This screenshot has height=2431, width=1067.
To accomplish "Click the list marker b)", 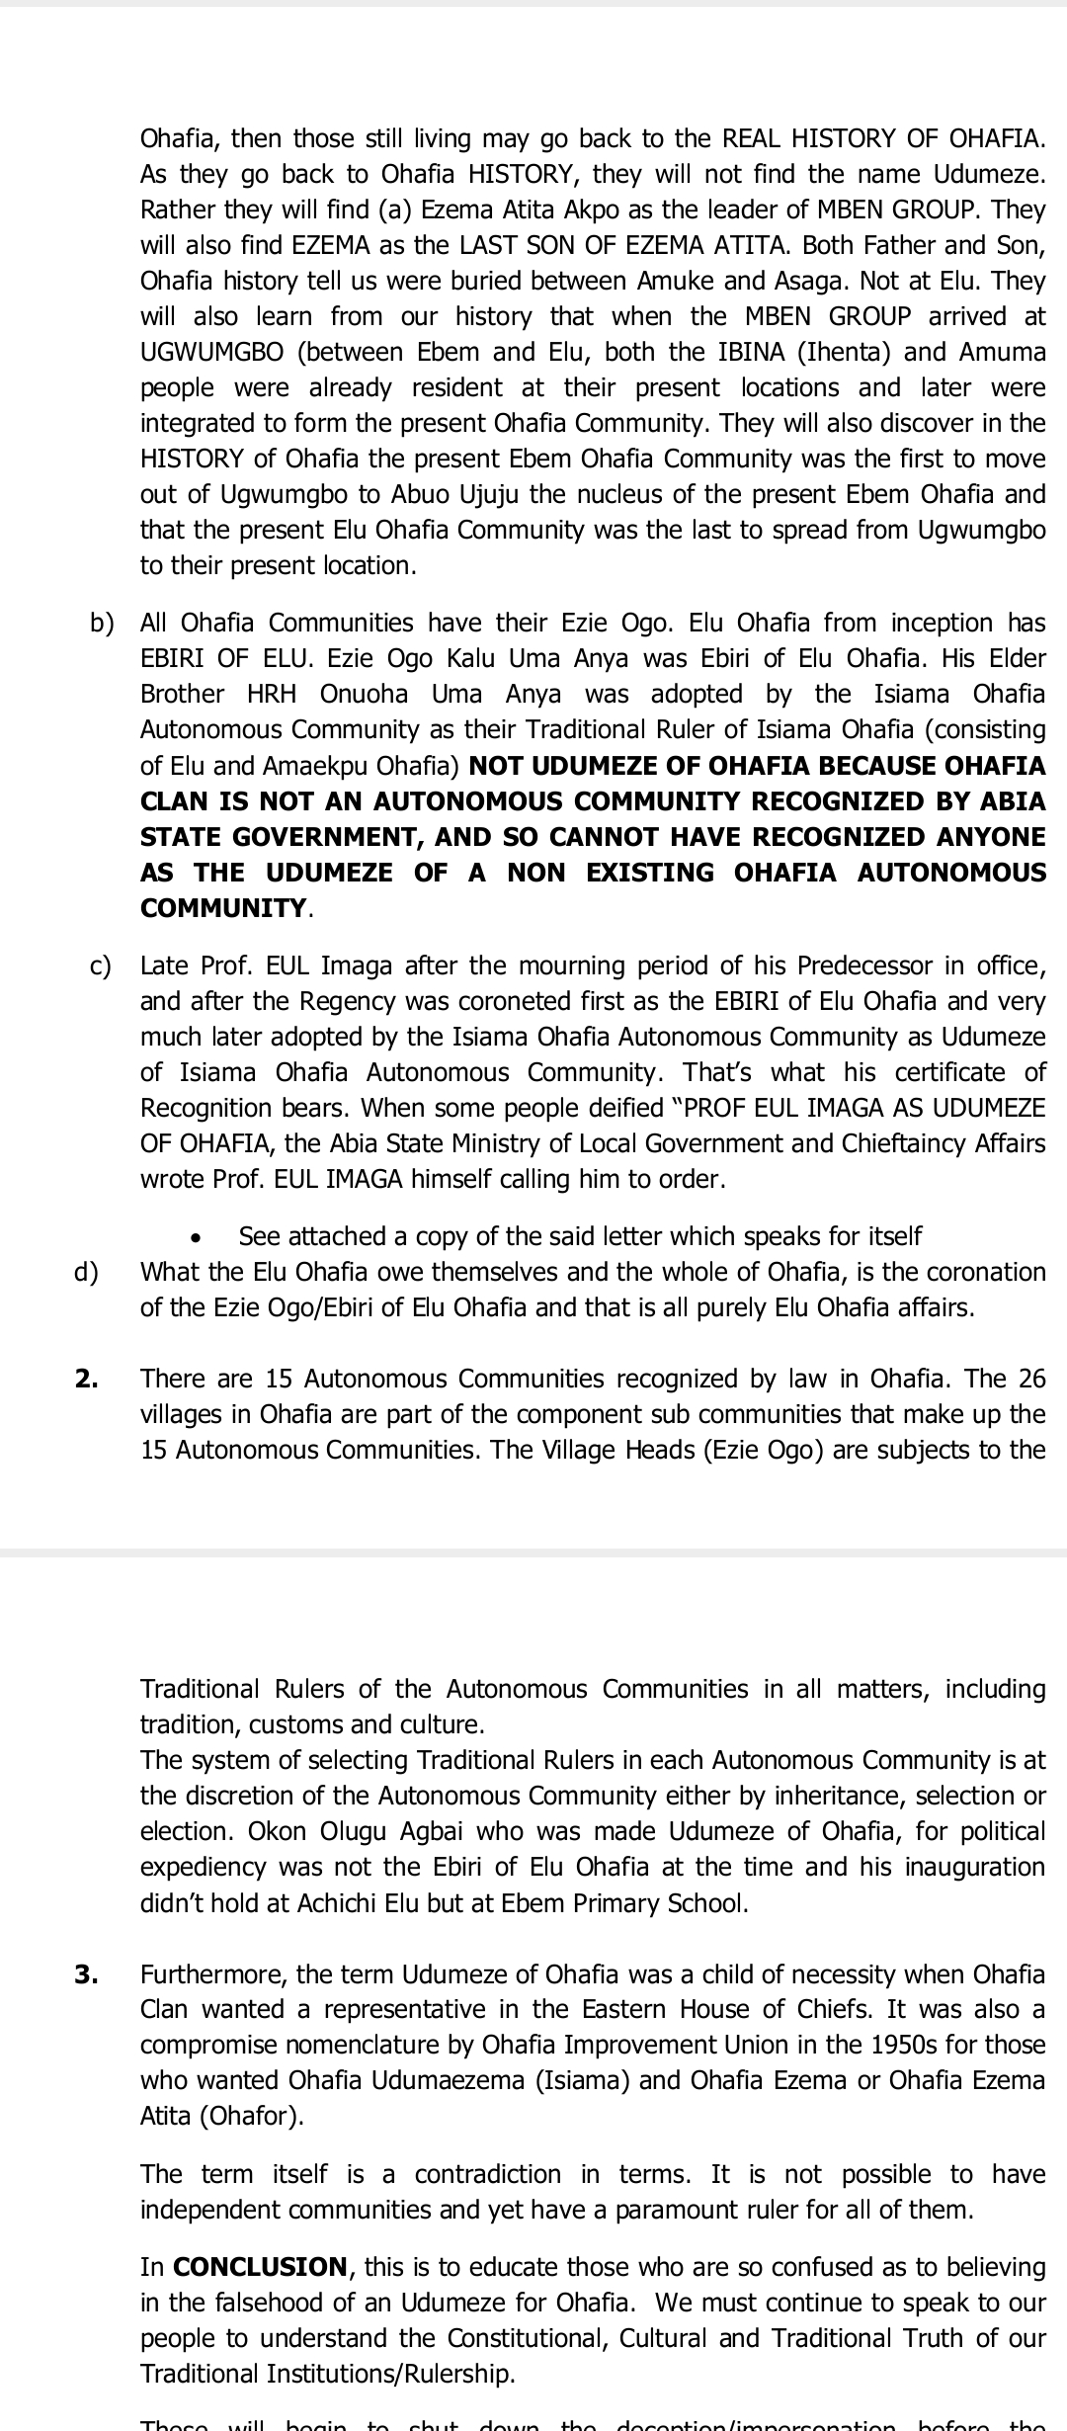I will [x=102, y=623].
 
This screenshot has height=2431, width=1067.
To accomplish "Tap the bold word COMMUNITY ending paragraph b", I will [x=224, y=908].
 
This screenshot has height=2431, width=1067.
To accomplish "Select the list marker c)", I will [x=101, y=965].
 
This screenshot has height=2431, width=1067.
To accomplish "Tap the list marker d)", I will [x=87, y=1272].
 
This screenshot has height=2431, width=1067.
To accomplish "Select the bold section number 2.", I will [x=87, y=1379].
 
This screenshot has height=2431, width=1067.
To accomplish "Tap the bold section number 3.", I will [x=87, y=1973].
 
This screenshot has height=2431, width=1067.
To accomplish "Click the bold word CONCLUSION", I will [x=260, y=2267].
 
